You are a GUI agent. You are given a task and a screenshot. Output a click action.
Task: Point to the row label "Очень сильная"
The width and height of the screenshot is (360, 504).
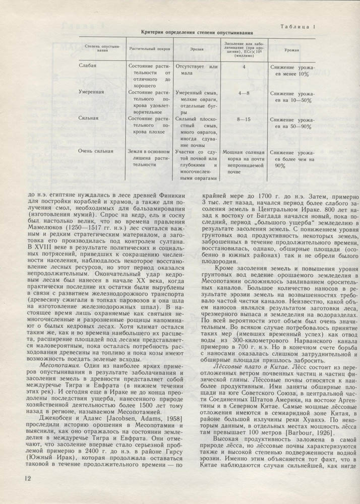pos(96,150)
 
